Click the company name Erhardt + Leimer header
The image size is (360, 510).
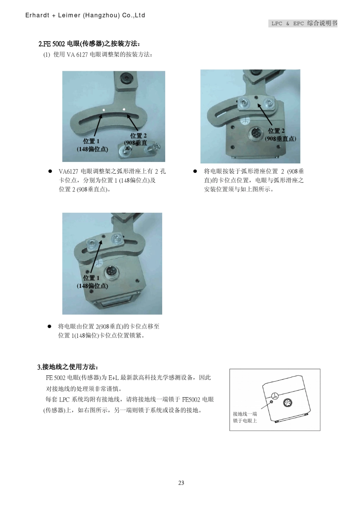pyautogui.click(x=85, y=16)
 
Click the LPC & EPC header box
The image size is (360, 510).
pyautogui.click(x=304, y=23)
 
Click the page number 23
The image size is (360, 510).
pyautogui.click(x=181, y=483)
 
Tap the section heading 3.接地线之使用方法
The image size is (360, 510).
pyautogui.click(x=68, y=367)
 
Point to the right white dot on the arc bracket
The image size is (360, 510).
pyautogui.click(x=124, y=110)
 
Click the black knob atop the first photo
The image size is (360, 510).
pyautogui.click(x=125, y=79)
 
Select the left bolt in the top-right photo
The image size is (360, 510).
pyautogui.click(x=243, y=101)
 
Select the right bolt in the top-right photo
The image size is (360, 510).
pyautogui.click(x=269, y=102)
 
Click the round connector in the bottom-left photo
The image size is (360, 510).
pyautogui.click(x=110, y=272)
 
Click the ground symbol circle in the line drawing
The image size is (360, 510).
pyautogui.click(x=276, y=396)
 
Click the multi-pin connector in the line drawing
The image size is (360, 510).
pyautogui.click(x=287, y=403)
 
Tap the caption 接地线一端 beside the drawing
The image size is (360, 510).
pyautogui.click(x=245, y=414)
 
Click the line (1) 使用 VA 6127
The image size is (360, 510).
pyautogui.click(x=97, y=55)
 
